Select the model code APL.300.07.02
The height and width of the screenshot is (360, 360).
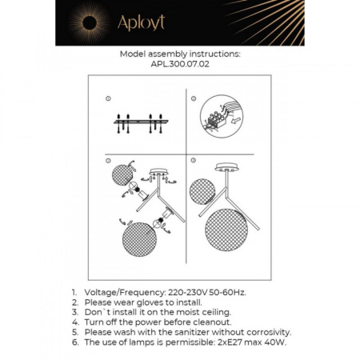tap(179, 66)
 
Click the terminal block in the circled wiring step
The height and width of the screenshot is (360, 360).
tap(215, 119)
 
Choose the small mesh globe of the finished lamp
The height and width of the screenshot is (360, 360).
tap(202, 189)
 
